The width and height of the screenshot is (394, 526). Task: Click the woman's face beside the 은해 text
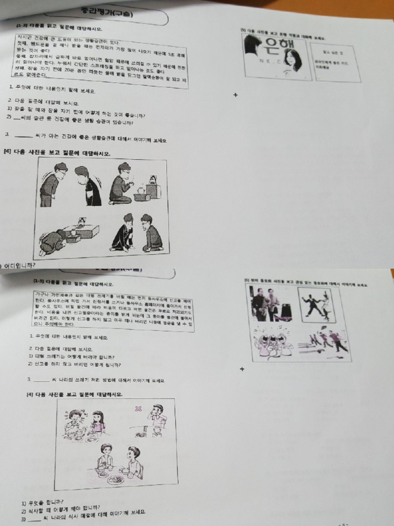(292, 60)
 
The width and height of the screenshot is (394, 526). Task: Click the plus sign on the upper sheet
(235, 95)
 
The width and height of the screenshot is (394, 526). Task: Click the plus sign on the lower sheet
(242, 369)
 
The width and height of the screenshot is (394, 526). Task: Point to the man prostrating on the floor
(53, 242)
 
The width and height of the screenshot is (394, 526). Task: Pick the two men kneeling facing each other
(136, 234)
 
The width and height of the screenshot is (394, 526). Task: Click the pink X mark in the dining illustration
(137, 409)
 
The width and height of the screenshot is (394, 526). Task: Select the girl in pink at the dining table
(97, 422)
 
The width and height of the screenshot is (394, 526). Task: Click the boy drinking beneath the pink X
(157, 417)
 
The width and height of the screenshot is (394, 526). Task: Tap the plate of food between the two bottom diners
(115, 479)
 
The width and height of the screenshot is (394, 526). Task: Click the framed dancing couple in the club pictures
(317, 304)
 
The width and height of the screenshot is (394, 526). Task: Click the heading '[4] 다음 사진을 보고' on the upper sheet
(57, 153)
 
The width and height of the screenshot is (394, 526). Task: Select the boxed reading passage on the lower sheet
(112, 310)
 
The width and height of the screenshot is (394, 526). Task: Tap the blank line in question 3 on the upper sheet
(24, 136)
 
